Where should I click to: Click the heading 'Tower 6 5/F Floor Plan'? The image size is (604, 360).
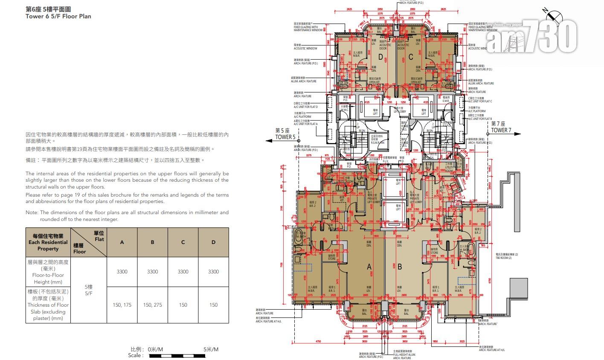point(58,17)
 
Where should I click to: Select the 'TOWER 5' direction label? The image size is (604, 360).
point(285,137)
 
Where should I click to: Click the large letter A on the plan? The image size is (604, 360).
point(369,267)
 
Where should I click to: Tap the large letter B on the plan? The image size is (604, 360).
point(400,267)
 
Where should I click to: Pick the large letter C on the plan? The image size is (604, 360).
point(410,57)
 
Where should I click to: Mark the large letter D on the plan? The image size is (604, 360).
point(380,57)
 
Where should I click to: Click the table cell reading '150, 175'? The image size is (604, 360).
point(122,305)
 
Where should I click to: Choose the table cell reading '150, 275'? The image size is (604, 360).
point(152,305)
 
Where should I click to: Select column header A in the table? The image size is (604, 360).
point(122,242)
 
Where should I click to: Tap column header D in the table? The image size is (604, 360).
point(213,242)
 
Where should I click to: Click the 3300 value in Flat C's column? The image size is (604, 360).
point(183,272)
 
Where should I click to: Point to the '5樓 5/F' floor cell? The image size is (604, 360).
point(89,290)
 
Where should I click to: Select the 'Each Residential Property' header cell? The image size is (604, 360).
point(48,242)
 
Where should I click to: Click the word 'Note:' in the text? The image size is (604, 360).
point(32,212)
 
